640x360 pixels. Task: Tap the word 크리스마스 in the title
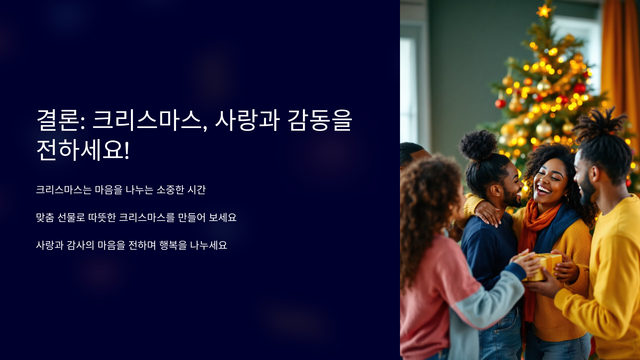(147, 120)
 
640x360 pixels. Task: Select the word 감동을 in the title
(320, 120)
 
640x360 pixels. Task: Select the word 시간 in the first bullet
(197, 190)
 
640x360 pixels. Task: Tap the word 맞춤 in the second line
(45, 217)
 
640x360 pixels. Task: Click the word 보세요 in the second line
(222, 217)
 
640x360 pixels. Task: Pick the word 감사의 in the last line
(80, 245)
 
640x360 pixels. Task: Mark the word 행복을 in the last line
(173, 245)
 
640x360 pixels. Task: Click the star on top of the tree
(543, 11)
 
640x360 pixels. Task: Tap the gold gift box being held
(544, 267)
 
